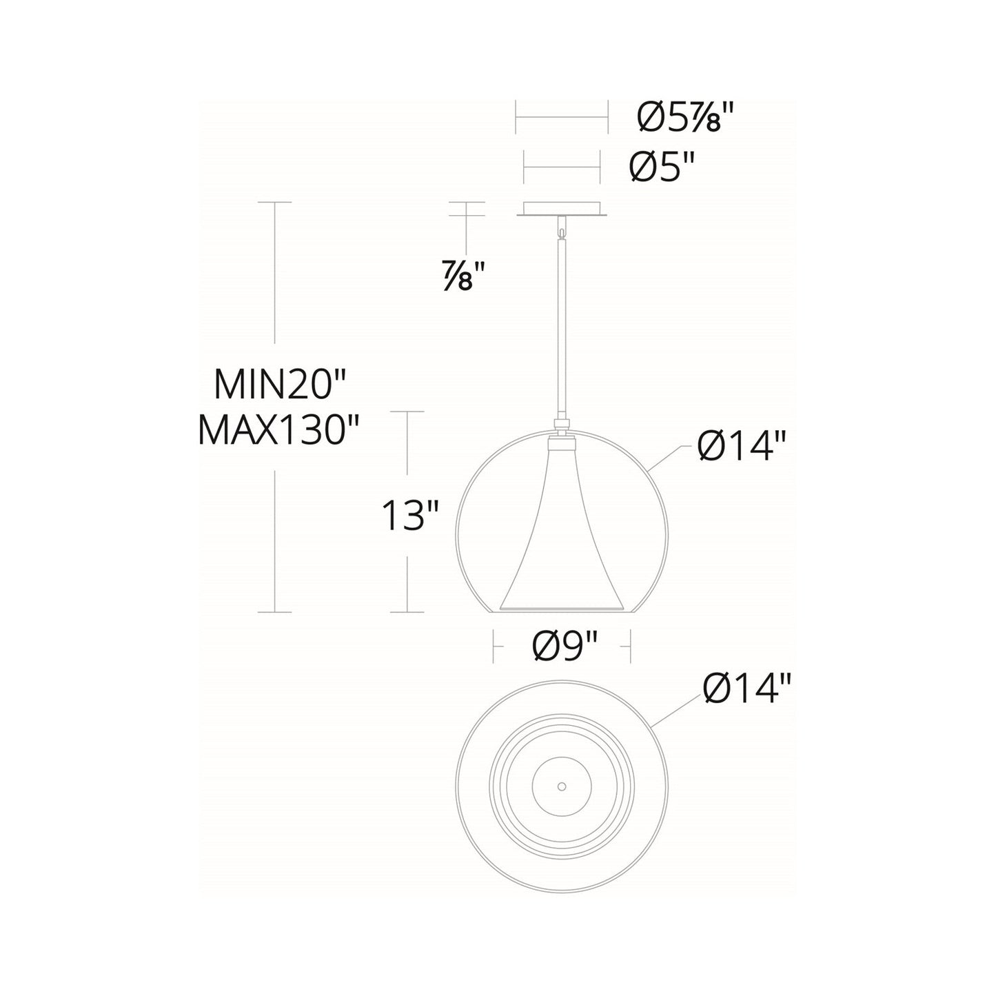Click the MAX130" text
(x=279, y=432)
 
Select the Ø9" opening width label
(x=564, y=647)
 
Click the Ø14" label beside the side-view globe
(x=740, y=448)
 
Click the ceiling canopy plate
(x=562, y=210)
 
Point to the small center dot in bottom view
(x=562, y=786)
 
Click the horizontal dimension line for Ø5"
(x=562, y=167)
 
